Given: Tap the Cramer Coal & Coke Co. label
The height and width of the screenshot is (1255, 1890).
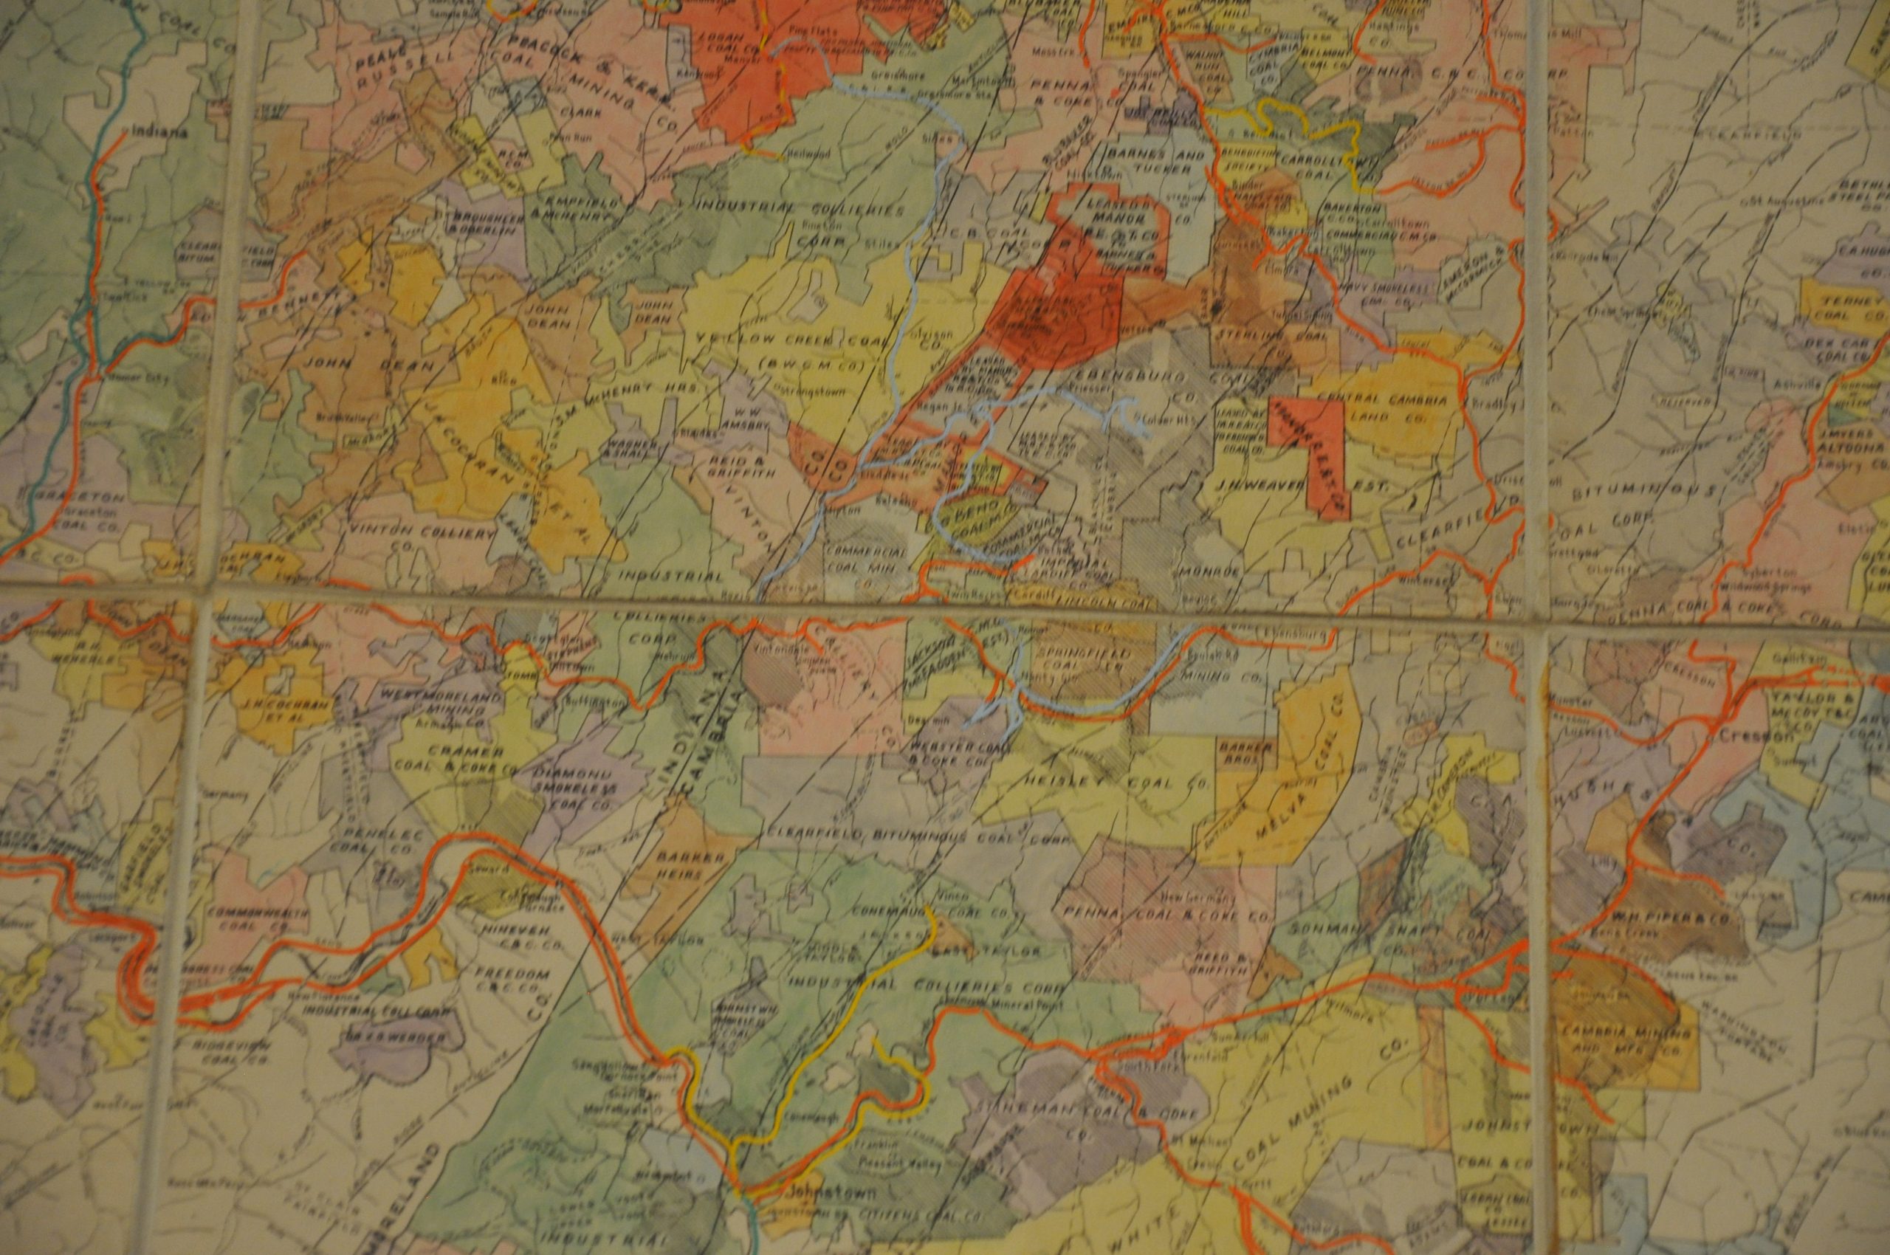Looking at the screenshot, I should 467,760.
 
